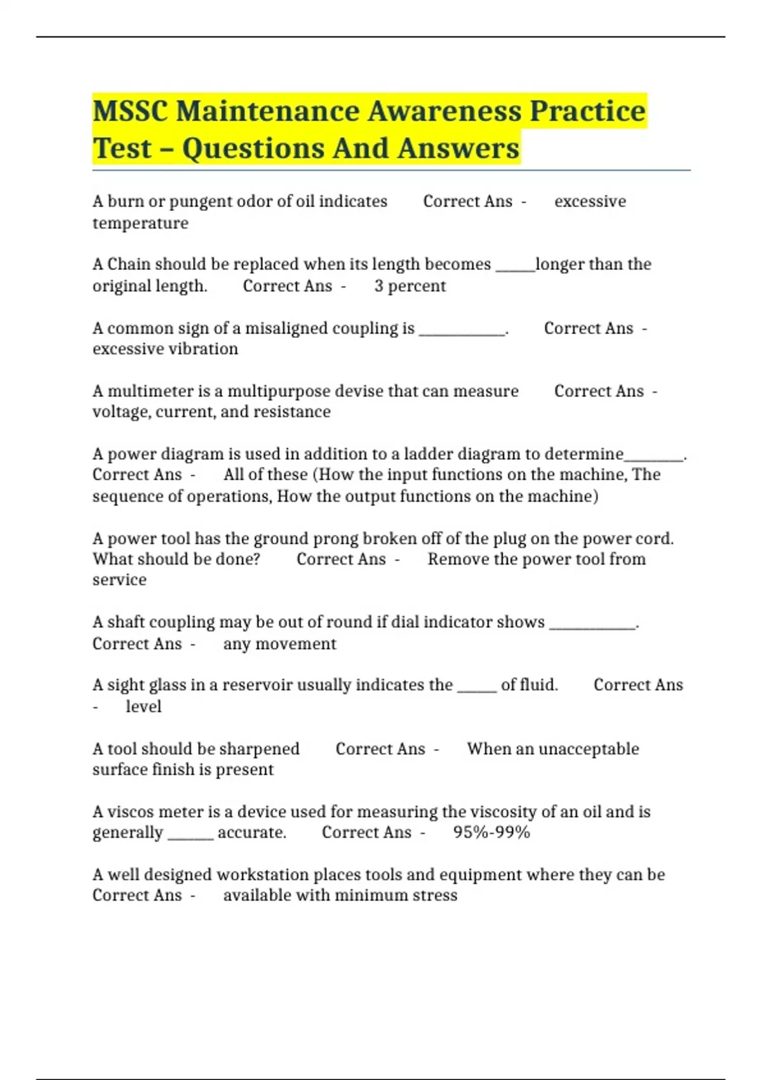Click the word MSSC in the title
[x=130, y=111]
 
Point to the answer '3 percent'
[x=410, y=286]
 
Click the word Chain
[x=129, y=264]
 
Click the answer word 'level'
[x=144, y=706]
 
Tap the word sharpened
[x=260, y=749]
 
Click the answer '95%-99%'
[x=491, y=832]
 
